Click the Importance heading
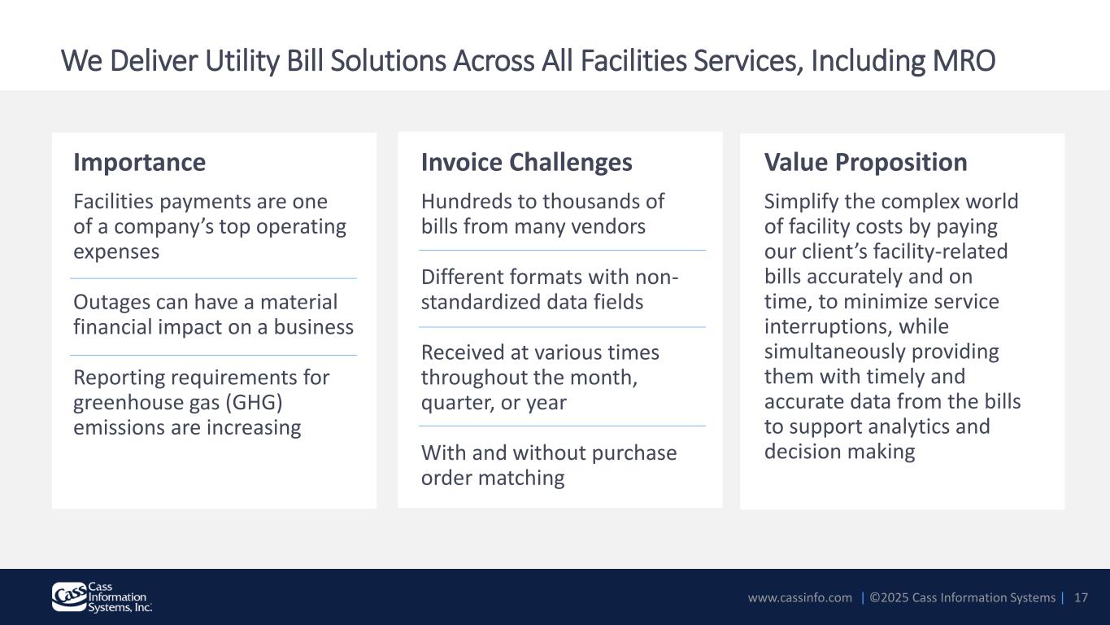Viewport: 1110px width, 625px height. [x=139, y=162]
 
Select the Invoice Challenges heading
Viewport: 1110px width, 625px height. [x=527, y=163]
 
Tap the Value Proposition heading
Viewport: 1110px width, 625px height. [x=866, y=163]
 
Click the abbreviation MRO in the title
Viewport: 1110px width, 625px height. [x=964, y=60]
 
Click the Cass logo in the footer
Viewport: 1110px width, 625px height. [x=102, y=597]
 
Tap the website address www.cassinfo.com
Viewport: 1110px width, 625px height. [x=800, y=597]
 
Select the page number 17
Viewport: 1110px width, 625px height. [x=1081, y=597]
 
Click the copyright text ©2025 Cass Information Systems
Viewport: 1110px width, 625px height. [x=962, y=597]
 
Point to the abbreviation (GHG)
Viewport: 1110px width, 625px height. [x=254, y=402]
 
